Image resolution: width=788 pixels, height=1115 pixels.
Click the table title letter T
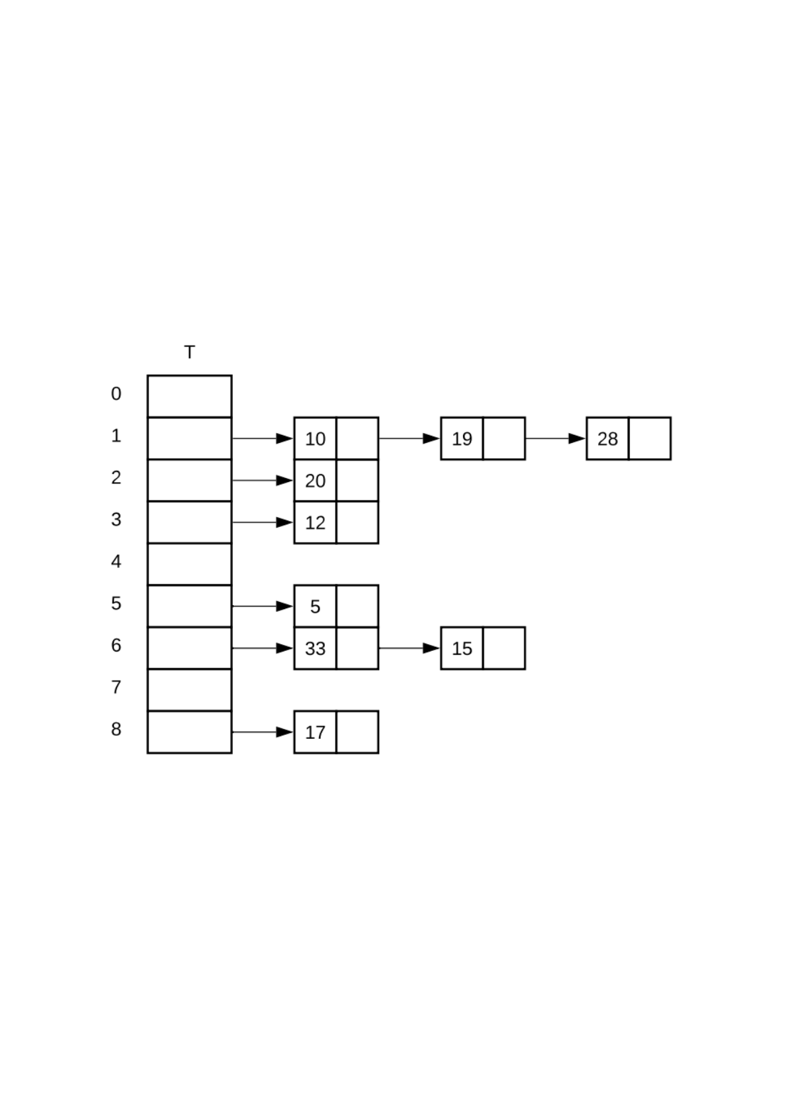coord(189,352)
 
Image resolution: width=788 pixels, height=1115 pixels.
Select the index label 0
coord(116,394)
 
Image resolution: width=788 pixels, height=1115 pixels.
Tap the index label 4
coord(116,561)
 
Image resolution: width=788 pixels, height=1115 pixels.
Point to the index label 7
coord(116,687)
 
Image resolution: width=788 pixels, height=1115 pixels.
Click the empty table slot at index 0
coord(189,396)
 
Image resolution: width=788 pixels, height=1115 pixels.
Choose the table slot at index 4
coord(189,564)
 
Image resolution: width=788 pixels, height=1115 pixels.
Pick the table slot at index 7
coord(189,690)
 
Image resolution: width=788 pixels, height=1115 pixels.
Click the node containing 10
coord(316,438)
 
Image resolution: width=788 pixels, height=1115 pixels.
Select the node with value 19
coord(462,438)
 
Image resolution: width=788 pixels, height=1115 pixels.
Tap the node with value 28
coord(607,438)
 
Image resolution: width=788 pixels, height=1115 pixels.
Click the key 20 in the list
coord(316,481)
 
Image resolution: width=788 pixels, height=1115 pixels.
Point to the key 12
coord(316,522)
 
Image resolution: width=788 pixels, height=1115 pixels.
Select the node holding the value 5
coord(316,606)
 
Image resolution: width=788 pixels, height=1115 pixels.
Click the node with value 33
coord(316,648)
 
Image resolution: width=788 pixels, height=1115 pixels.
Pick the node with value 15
coord(462,648)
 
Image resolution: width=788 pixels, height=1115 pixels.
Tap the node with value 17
coord(316,732)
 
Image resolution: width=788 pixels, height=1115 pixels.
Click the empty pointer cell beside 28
coord(649,438)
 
